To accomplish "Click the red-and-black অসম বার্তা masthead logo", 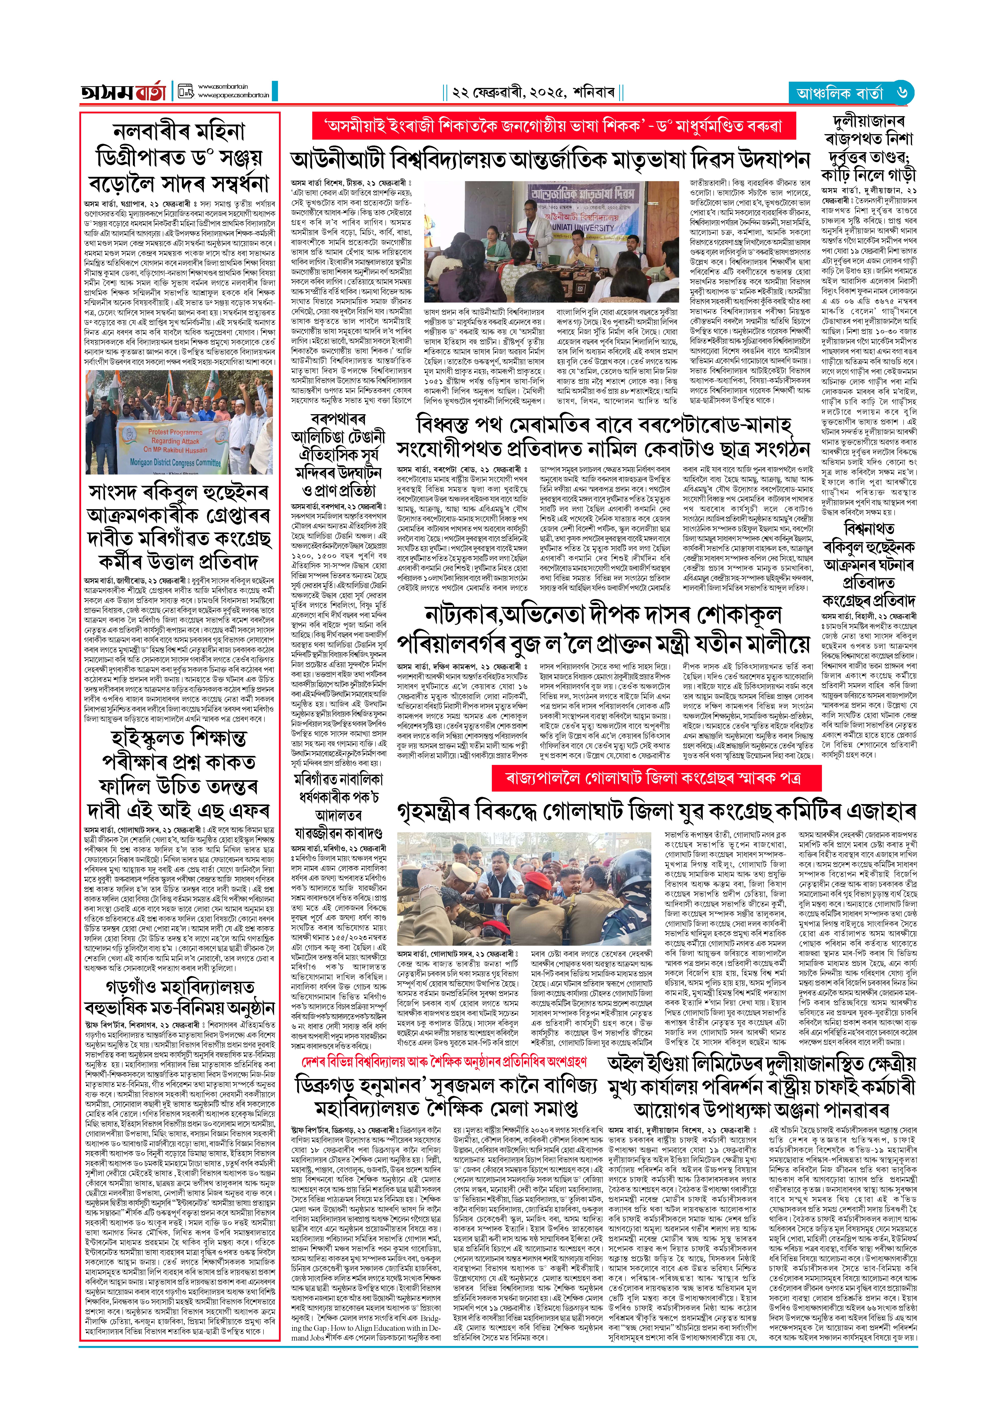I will pyautogui.click(x=123, y=92).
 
